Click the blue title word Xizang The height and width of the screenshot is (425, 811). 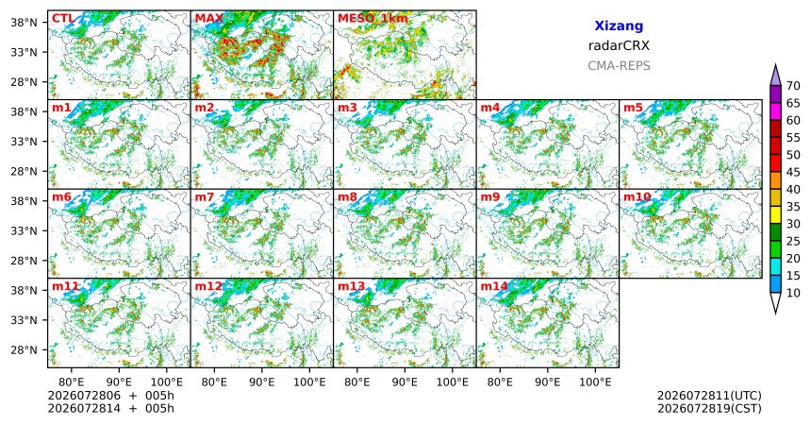[x=619, y=25]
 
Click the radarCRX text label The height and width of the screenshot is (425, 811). [x=619, y=45]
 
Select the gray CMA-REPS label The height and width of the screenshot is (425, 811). [x=619, y=66]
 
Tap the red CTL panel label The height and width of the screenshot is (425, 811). [x=62, y=19]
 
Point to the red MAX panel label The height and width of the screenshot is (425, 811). [x=209, y=19]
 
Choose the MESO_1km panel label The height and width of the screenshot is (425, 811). [x=372, y=19]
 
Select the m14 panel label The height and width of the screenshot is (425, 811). [x=494, y=286]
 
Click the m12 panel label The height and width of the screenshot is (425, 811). [x=207, y=286]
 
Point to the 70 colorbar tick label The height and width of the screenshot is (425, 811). [x=793, y=86]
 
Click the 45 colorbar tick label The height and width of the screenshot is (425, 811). [x=793, y=172]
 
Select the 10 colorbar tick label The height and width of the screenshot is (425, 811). [x=793, y=293]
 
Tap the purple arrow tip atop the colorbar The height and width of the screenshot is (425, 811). [x=775, y=64]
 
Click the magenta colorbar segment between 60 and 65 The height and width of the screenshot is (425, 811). [x=775, y=111]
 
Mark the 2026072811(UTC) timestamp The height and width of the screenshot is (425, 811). [x=709, y=396]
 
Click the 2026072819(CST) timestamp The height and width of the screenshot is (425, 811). [x=709, y=408]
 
